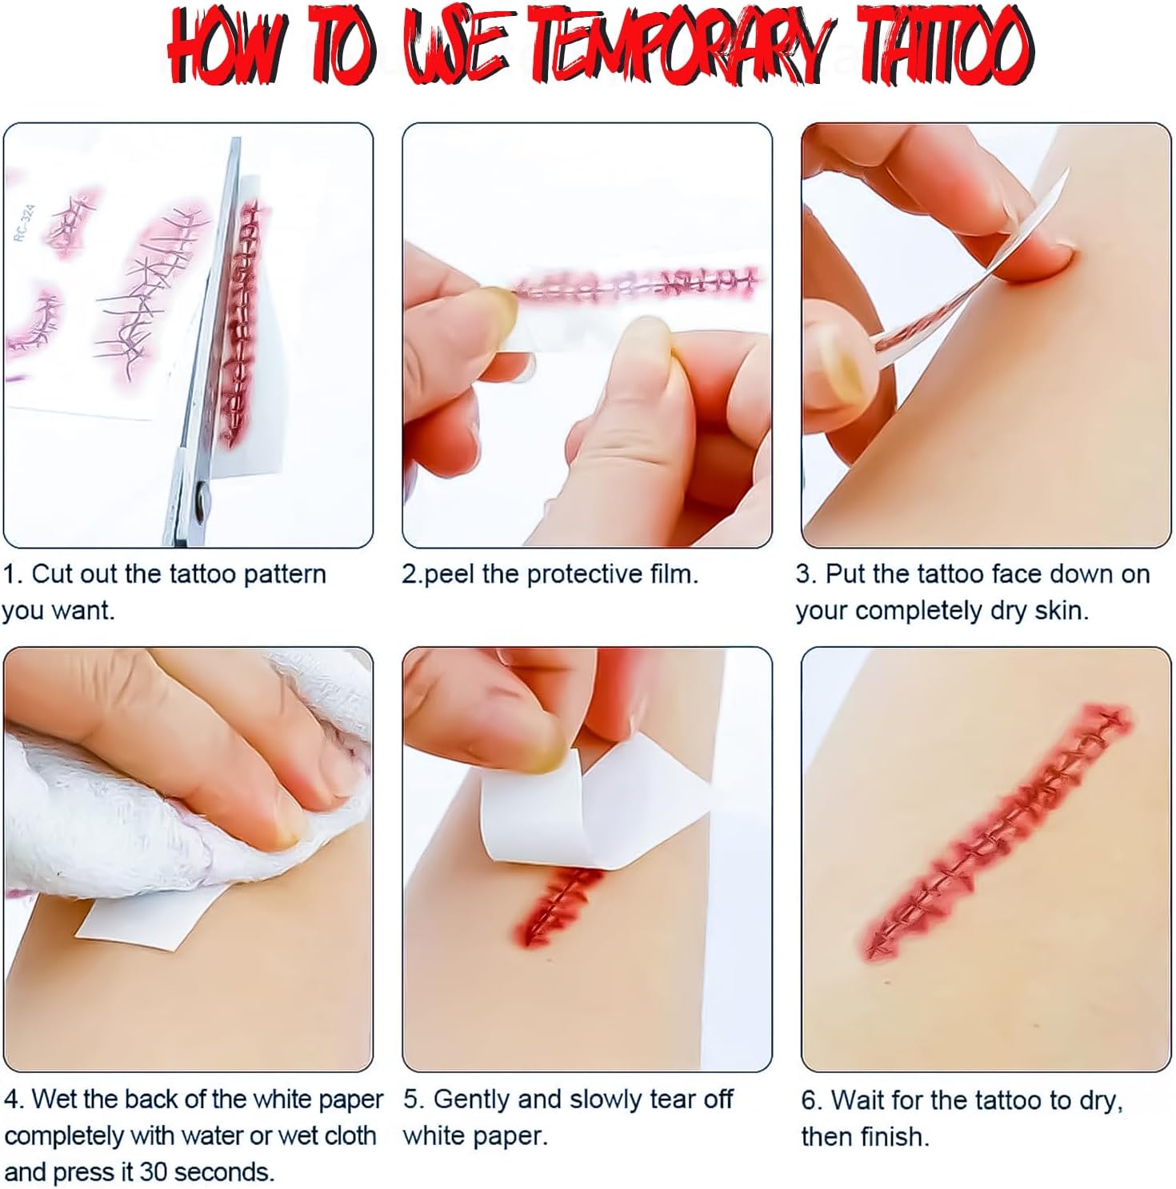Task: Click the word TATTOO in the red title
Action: click(934, 48)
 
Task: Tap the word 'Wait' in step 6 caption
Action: click(857, 1100)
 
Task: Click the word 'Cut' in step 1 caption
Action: click(50, 574)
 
